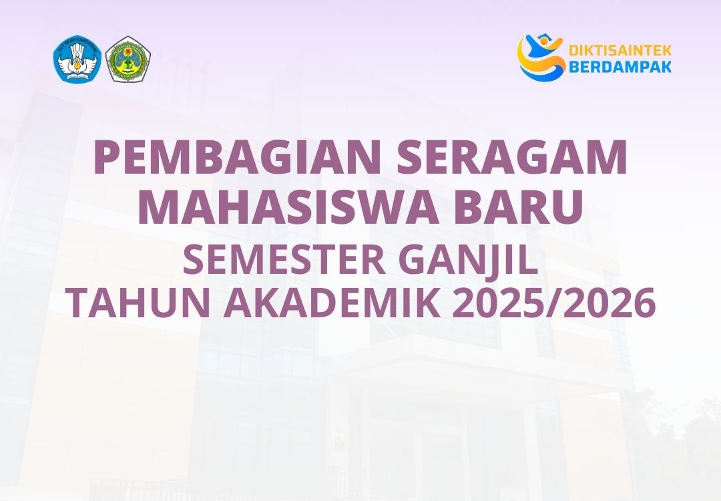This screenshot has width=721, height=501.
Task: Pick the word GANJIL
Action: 467,261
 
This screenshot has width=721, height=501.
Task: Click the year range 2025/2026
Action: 553,304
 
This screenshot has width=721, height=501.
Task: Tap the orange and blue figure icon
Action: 541,57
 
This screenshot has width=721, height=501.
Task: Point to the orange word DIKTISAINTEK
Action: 620,51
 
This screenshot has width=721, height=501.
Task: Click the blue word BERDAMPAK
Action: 620,66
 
